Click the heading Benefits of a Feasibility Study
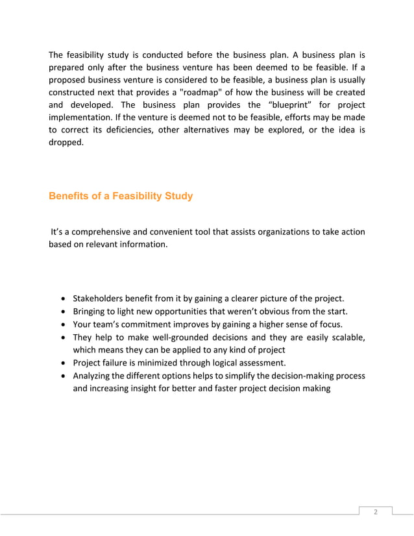point(121,196)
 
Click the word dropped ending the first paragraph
point(66,142)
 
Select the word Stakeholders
point(101,298)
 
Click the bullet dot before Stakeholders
point(62,299)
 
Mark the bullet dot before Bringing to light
point(62,311)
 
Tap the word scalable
point(345,337)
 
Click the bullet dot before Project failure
point(62,363)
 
